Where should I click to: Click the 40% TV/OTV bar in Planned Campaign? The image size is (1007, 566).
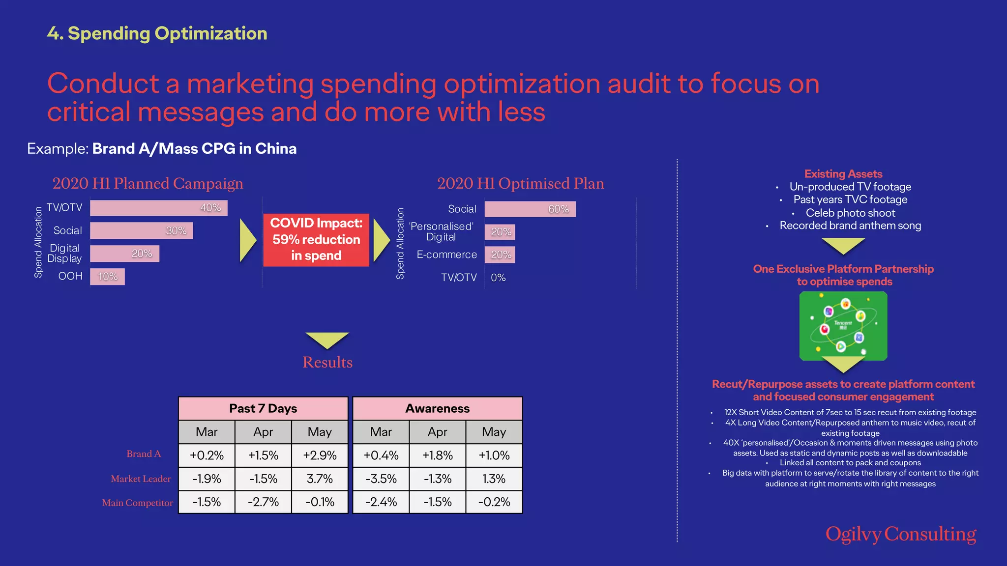click(158, 208)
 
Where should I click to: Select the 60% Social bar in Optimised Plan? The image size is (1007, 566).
click(530, 209)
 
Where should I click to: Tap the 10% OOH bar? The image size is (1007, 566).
click(107, 277)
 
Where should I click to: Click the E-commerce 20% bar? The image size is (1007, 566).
click(500, 255)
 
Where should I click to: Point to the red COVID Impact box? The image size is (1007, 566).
click(316, 240)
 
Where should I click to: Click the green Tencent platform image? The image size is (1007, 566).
click(843, 325)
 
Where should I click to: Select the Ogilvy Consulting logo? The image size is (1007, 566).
click(900, 534)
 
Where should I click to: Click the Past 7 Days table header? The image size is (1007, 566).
click(263, 408)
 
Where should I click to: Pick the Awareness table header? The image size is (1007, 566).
click(437, 408)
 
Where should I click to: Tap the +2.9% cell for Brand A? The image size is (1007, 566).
click(320, 455)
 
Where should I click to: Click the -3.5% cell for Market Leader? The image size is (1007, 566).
click(381, 479)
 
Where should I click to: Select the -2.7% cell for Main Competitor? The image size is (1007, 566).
click(263, 502)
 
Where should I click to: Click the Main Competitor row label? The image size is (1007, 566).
click(138, 503)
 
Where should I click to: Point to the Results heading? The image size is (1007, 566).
click(327, 363)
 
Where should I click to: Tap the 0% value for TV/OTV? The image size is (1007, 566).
click(498, 278)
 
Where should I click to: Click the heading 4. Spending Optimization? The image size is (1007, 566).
click(157, 33)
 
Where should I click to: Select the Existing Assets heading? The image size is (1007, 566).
click(843, 174)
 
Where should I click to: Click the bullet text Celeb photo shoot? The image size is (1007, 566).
click(850, 213)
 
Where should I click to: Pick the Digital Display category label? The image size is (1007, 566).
click(64, 254)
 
